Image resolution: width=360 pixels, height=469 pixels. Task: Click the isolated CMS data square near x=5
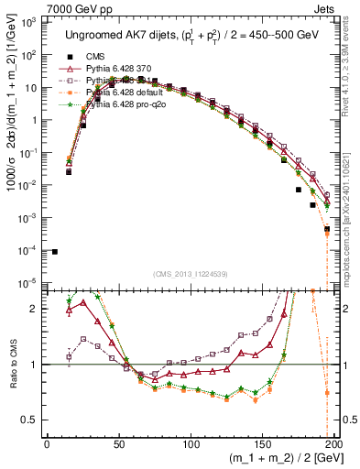tap(54, 251)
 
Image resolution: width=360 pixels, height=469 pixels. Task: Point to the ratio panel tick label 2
tap(37, 309)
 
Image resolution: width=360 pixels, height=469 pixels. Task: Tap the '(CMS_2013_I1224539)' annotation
tap(190, 272)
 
